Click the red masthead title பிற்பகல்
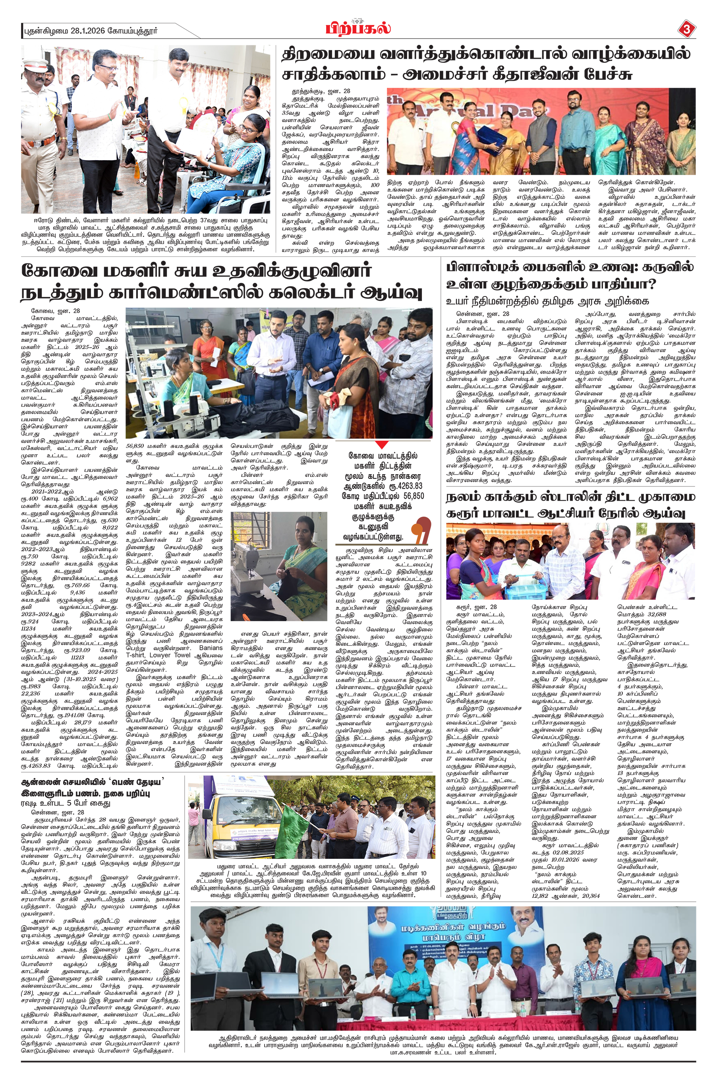[x=358, y=29]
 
